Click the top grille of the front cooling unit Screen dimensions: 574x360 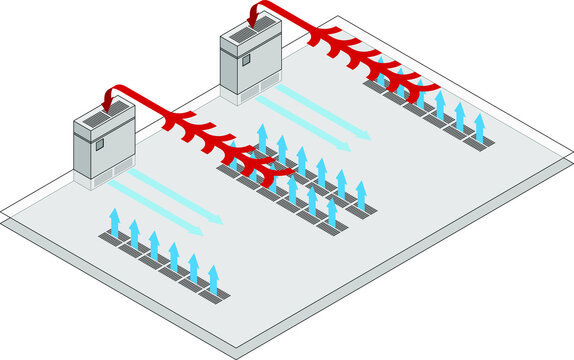(x=100, y=119)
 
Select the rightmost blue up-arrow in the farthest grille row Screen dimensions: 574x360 (x=480, y=126)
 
